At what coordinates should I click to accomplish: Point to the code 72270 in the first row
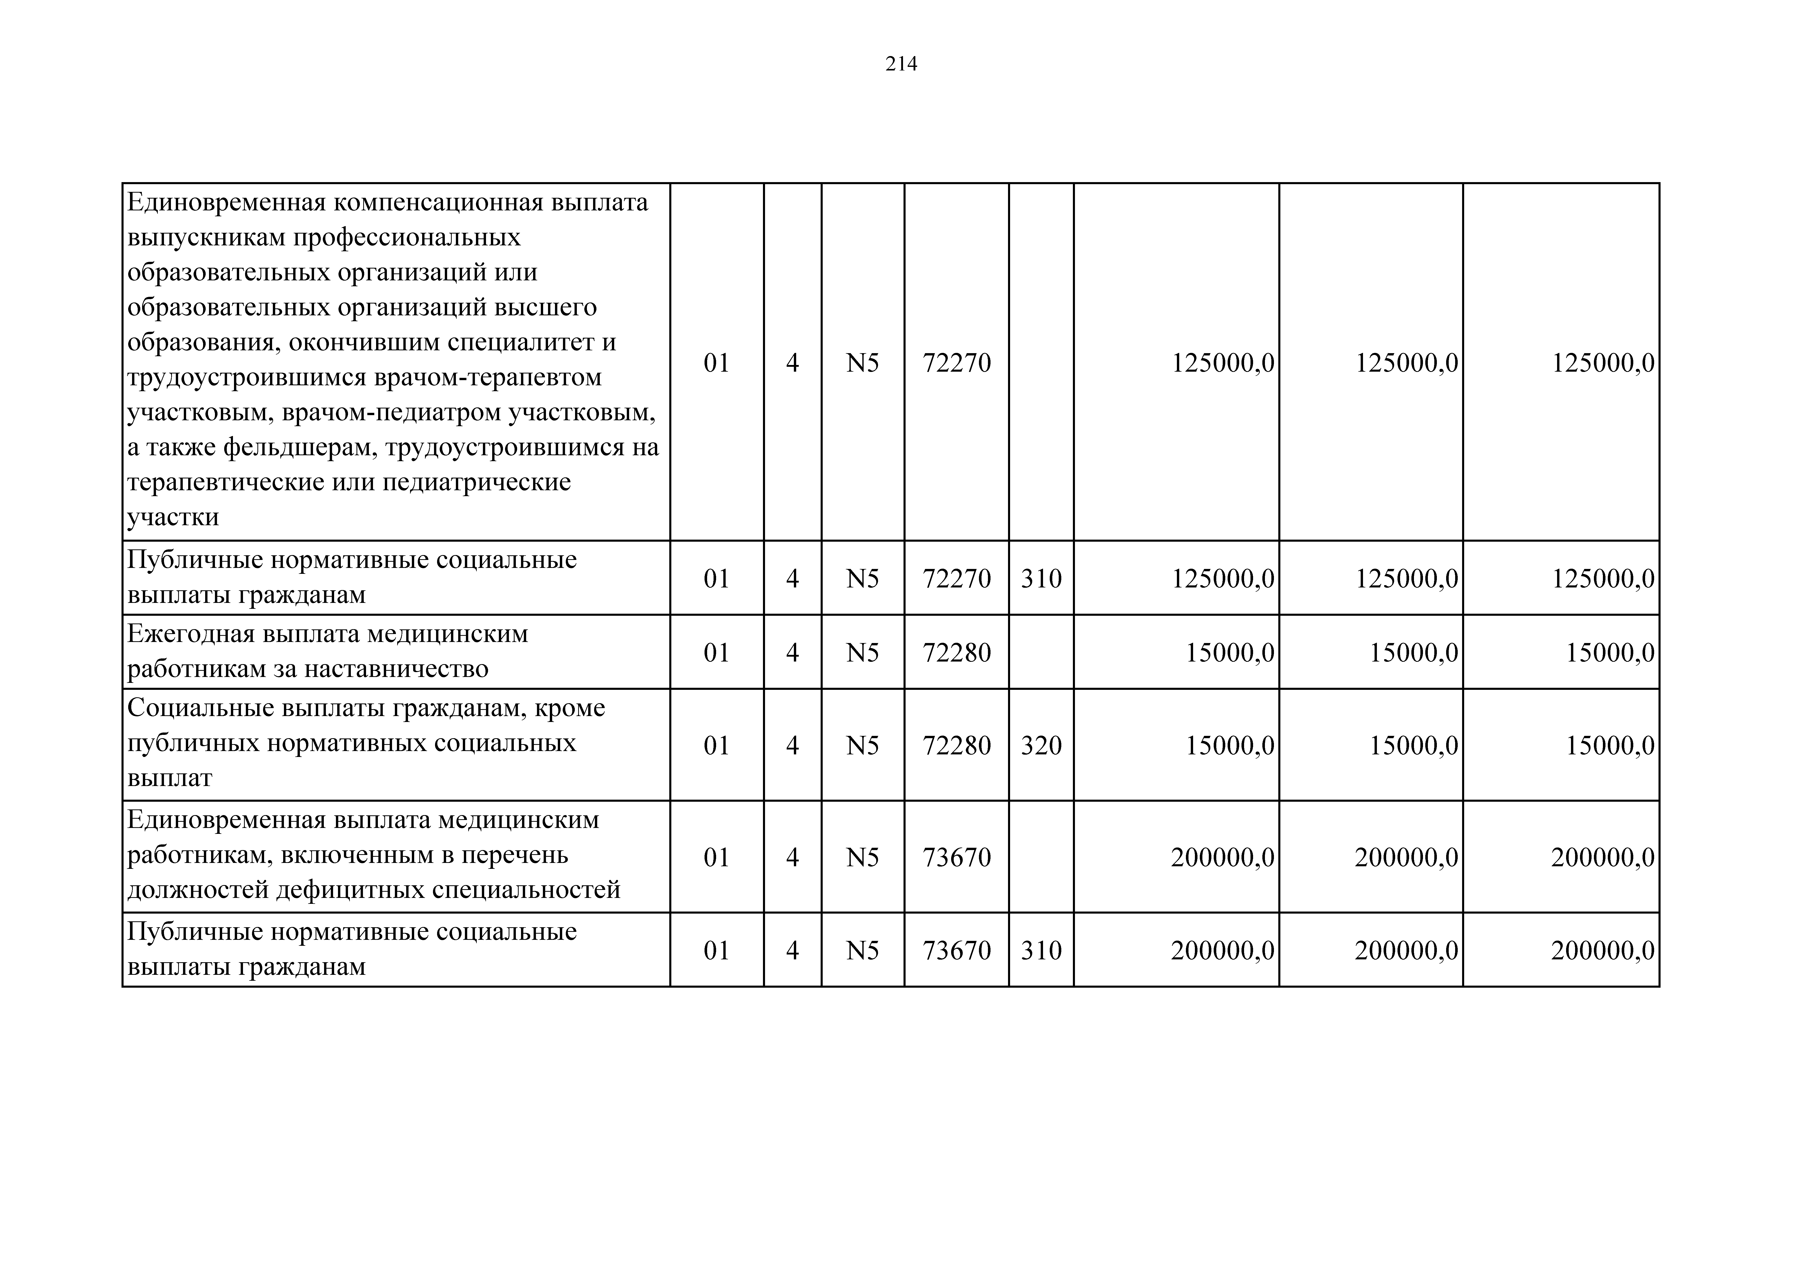point(957,363)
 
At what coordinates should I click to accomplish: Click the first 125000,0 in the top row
point(1222,363)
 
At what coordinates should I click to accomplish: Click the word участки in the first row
point(173,517)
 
